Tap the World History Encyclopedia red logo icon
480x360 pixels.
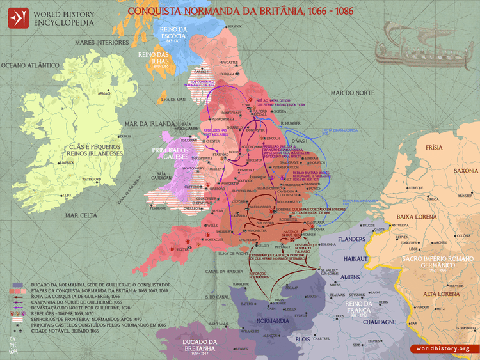[19, 17]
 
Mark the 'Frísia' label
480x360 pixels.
[434, 148]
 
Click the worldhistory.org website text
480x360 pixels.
[443, 348]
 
